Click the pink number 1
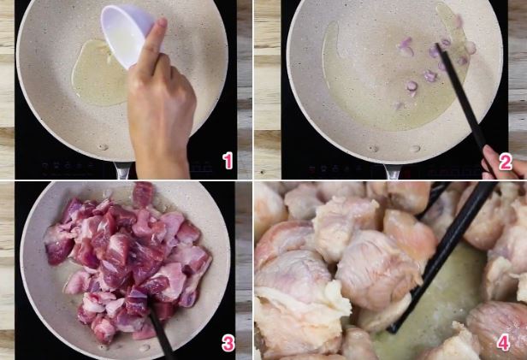(228, 161)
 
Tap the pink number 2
(505, 162)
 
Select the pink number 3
(228, 344)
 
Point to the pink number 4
(503, 343)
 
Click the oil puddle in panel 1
(98, 72)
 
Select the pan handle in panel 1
(122, 170)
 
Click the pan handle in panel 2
(394, 172)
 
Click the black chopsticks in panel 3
(161, 333)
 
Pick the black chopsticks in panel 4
(444, 254)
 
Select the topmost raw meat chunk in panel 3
(143, 194)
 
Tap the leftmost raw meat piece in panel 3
(58, 244)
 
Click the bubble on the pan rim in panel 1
(103, 147)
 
